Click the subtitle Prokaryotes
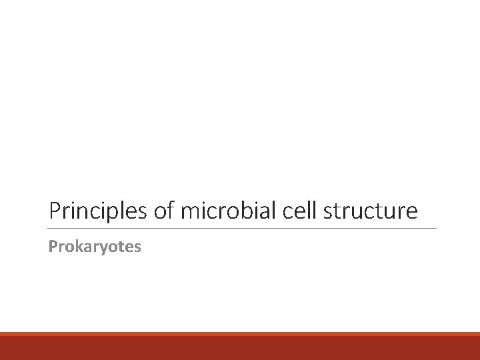click(x=95, y=247)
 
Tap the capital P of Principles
click(x=55, y=211)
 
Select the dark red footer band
click(x=240, y=349)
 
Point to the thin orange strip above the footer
click(x=240, y=335)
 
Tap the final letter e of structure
click(x=413, y=213)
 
